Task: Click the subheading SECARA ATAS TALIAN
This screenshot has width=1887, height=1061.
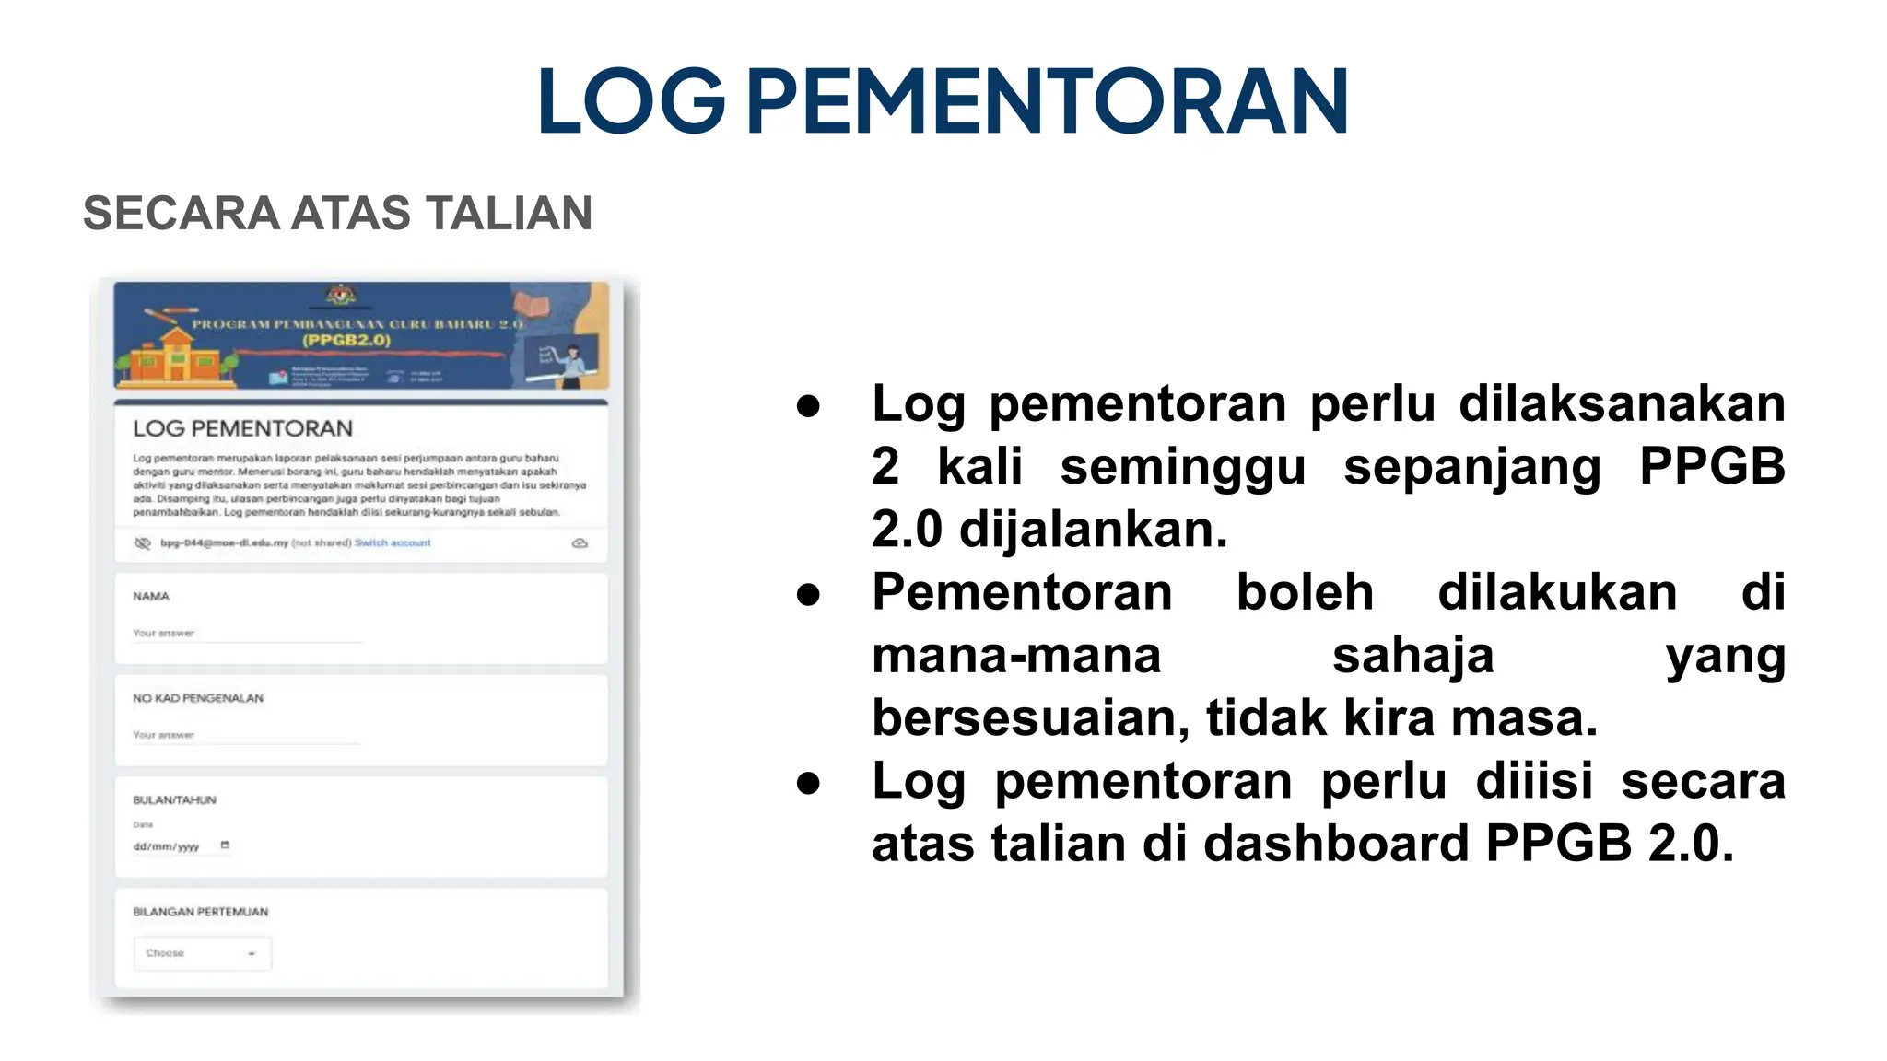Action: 337,214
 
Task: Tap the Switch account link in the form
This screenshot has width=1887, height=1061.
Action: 393,543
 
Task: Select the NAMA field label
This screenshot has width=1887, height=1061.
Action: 151,597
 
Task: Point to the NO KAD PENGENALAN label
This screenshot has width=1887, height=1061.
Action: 198,698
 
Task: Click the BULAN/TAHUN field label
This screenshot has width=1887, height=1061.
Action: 174,800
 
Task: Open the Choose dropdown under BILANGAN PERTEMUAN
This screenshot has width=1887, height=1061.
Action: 203,953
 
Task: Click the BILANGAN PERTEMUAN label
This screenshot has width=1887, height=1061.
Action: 201,912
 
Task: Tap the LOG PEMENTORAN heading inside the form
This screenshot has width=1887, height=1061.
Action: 242,428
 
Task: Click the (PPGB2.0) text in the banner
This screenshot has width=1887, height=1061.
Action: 346,341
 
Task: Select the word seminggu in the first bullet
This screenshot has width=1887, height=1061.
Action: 1183,468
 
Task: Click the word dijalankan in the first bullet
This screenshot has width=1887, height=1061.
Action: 1093,530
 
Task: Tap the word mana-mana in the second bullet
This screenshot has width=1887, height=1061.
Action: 1016,656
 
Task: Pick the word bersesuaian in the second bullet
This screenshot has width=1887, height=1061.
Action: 1031,718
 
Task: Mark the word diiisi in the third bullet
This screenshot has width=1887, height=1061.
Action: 1534,781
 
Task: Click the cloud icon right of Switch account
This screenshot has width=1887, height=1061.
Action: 580,543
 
